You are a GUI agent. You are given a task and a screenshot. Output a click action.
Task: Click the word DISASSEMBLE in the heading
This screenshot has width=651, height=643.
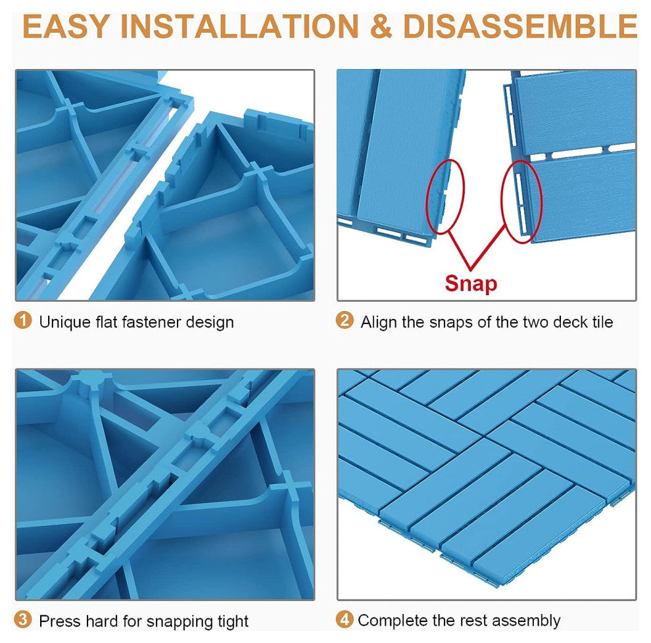(x=519, y=28)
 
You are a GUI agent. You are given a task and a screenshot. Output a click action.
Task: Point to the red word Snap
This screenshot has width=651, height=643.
(x=471, y=283)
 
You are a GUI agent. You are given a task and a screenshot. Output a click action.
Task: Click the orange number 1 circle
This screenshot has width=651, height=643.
(x=23, y=321)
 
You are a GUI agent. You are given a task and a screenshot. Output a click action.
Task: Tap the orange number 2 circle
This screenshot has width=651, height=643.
(x=345, y=321)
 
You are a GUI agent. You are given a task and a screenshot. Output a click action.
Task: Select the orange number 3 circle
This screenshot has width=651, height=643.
(x=23, y=620)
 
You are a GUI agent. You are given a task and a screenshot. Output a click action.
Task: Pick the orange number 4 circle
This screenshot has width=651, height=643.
(x=345, y=619)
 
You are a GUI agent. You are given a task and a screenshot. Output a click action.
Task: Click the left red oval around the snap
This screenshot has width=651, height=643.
(x=445, y=196)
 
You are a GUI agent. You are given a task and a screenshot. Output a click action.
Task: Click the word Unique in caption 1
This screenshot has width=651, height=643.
(x=61, y=322)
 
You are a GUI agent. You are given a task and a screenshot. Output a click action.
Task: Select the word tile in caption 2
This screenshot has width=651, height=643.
(x=602, y=322)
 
